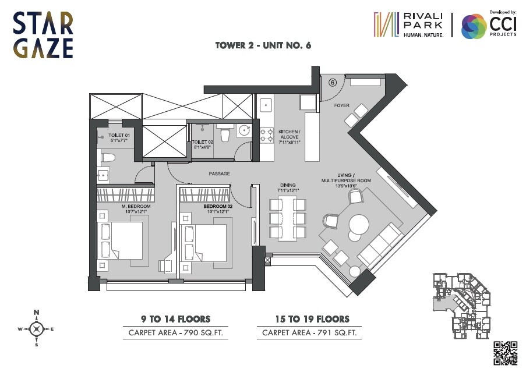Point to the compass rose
pos(36,329)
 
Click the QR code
pos(505,353)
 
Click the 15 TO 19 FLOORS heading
pos(312,319)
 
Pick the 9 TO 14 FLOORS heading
pos(175,319)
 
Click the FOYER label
pos(341,106)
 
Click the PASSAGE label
pos(219,173)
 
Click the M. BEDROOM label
pos(136,206)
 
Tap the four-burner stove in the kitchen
pos(267,135)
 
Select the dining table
pos(288,218)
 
